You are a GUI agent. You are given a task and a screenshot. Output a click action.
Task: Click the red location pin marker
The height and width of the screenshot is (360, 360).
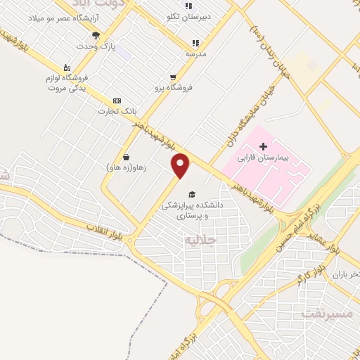click(x=181, y=166)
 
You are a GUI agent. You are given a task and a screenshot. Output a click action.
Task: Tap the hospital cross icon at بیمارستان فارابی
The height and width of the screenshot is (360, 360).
click(x=263, y=147)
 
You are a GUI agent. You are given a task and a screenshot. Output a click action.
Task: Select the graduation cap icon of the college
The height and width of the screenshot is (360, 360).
click(x=192, y=194)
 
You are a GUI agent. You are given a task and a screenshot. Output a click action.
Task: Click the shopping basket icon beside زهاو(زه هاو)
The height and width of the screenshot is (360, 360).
click(x=126, y=157)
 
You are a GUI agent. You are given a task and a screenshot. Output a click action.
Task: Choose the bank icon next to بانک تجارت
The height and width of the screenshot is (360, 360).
click(x=117, y=101)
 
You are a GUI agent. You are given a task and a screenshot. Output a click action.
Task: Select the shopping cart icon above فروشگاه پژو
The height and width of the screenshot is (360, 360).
click(x=173, y=77)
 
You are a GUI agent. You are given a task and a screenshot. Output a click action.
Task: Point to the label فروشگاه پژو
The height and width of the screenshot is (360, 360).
click(x=173, y=88)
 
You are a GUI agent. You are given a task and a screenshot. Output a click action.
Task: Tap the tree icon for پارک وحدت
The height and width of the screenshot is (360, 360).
click(x=96, y=34)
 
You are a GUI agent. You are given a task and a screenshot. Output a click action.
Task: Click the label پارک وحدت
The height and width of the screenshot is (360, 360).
click(x=103, y=46)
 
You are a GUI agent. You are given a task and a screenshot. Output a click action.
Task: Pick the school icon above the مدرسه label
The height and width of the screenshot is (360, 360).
click(x=188, y=44)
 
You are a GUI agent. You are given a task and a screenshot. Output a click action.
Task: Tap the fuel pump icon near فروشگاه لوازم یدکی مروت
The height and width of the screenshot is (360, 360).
click(x=67, y=67)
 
